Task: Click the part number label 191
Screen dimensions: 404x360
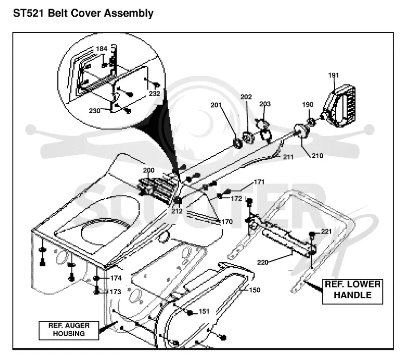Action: coord(333,75)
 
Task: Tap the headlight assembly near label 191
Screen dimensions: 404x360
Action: coord(339,106)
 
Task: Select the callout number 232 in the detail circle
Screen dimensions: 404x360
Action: coord(155,94)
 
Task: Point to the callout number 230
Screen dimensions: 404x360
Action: coord(94,111)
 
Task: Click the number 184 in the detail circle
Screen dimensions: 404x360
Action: coord(102,49)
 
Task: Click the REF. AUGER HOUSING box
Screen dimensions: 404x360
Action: coord(69,330)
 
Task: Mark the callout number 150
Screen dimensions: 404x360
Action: coord(255,290)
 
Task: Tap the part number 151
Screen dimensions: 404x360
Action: coord(204,311)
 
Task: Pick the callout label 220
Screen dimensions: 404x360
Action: coord(263,262)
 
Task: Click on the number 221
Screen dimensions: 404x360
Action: coord(326,231)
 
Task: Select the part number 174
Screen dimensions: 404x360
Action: coord(116,278)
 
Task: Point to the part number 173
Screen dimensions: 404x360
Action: coord(115,292)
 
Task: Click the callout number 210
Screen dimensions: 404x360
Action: coord(318,156)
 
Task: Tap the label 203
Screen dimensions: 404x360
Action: coord(265,104)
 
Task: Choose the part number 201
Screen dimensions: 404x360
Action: coord(216,105)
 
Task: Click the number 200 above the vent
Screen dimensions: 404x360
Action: coord(148,170)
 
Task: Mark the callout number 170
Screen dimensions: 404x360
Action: coord(227,221)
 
